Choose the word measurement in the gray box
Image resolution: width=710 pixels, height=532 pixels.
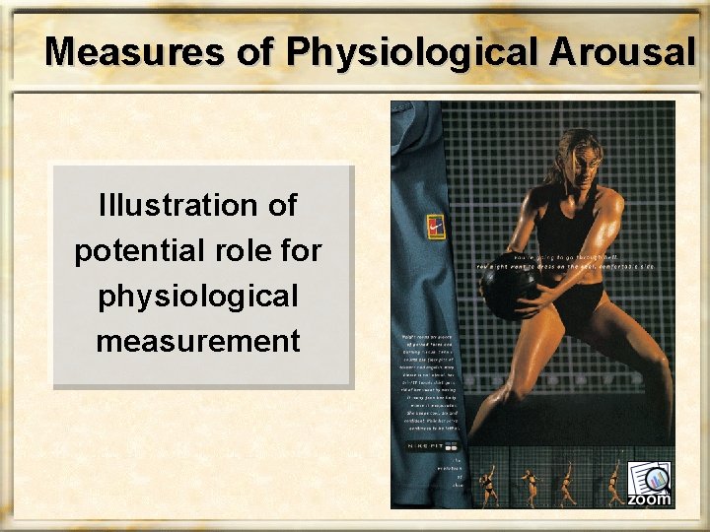pyautogui.click(x=198, y=342)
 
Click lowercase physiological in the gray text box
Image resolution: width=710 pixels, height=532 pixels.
pyautogui.click(x=198, y=297)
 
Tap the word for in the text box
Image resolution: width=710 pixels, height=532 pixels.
pyautogui.click(x=302, y=251)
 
